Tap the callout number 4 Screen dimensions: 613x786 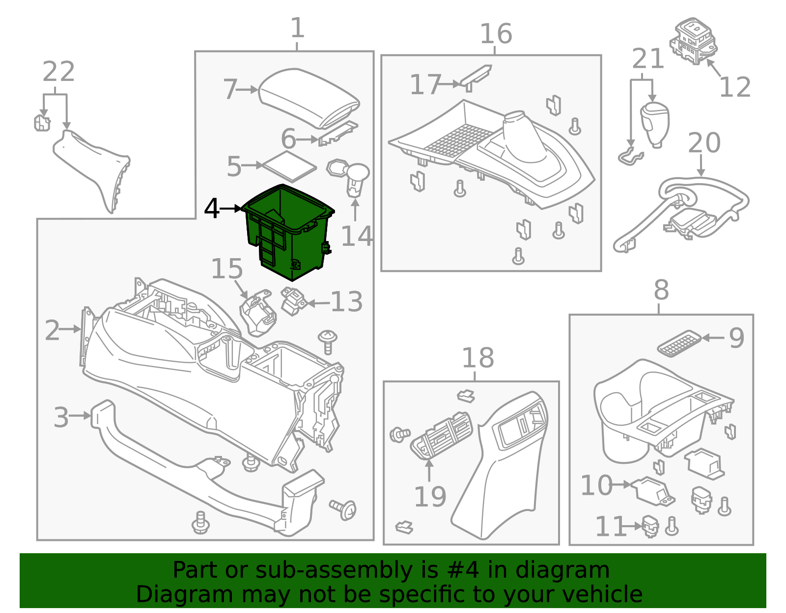[x=211, y=209]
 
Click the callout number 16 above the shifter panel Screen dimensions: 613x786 [x=495, y=34]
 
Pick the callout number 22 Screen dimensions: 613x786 [x=58, y=72]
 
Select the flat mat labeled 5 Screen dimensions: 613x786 [x=289, y=165]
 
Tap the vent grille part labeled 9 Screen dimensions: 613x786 [x=679, y=343]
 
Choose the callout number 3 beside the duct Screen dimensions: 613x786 [x=61, y=417]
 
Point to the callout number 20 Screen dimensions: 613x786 [x=703, y=143]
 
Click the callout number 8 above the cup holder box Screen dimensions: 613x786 [x=661, y=290]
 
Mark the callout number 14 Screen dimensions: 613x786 [x=357, y=237]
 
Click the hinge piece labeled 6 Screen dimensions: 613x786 [x=338, y=134]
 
